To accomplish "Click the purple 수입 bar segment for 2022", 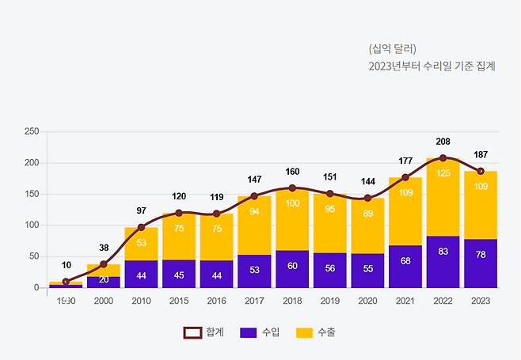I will coord(443,261).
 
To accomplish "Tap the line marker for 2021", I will coord(405,177).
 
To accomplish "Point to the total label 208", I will coord(443,142).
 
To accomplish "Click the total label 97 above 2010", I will coord(141,210).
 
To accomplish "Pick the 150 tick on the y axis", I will coord(31,194).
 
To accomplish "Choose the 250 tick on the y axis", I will coord(31,131).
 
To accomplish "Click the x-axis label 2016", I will coord(216,301).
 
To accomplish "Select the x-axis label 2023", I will coord(481,301).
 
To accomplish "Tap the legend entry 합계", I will coord(203,333).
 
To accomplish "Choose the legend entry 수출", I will coord(314,333).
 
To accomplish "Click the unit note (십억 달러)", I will coord(393,47).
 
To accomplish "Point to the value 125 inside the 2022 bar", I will coord(443,173).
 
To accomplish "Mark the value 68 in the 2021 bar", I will coord(405,261).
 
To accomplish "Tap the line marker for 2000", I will coord(104,264).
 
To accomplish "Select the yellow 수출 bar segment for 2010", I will coord(141,244).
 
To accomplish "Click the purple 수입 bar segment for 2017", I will coord(254,271).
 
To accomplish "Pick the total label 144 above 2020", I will coord(367,181).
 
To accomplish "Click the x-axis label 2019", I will coord(329,301).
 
